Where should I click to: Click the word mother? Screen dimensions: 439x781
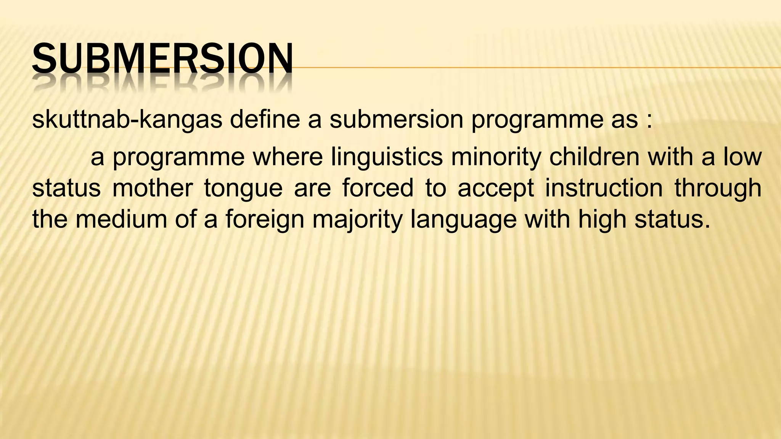(153, 188)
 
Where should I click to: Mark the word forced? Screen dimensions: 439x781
(378, 188)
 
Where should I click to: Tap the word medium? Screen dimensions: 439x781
(121, 219)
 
